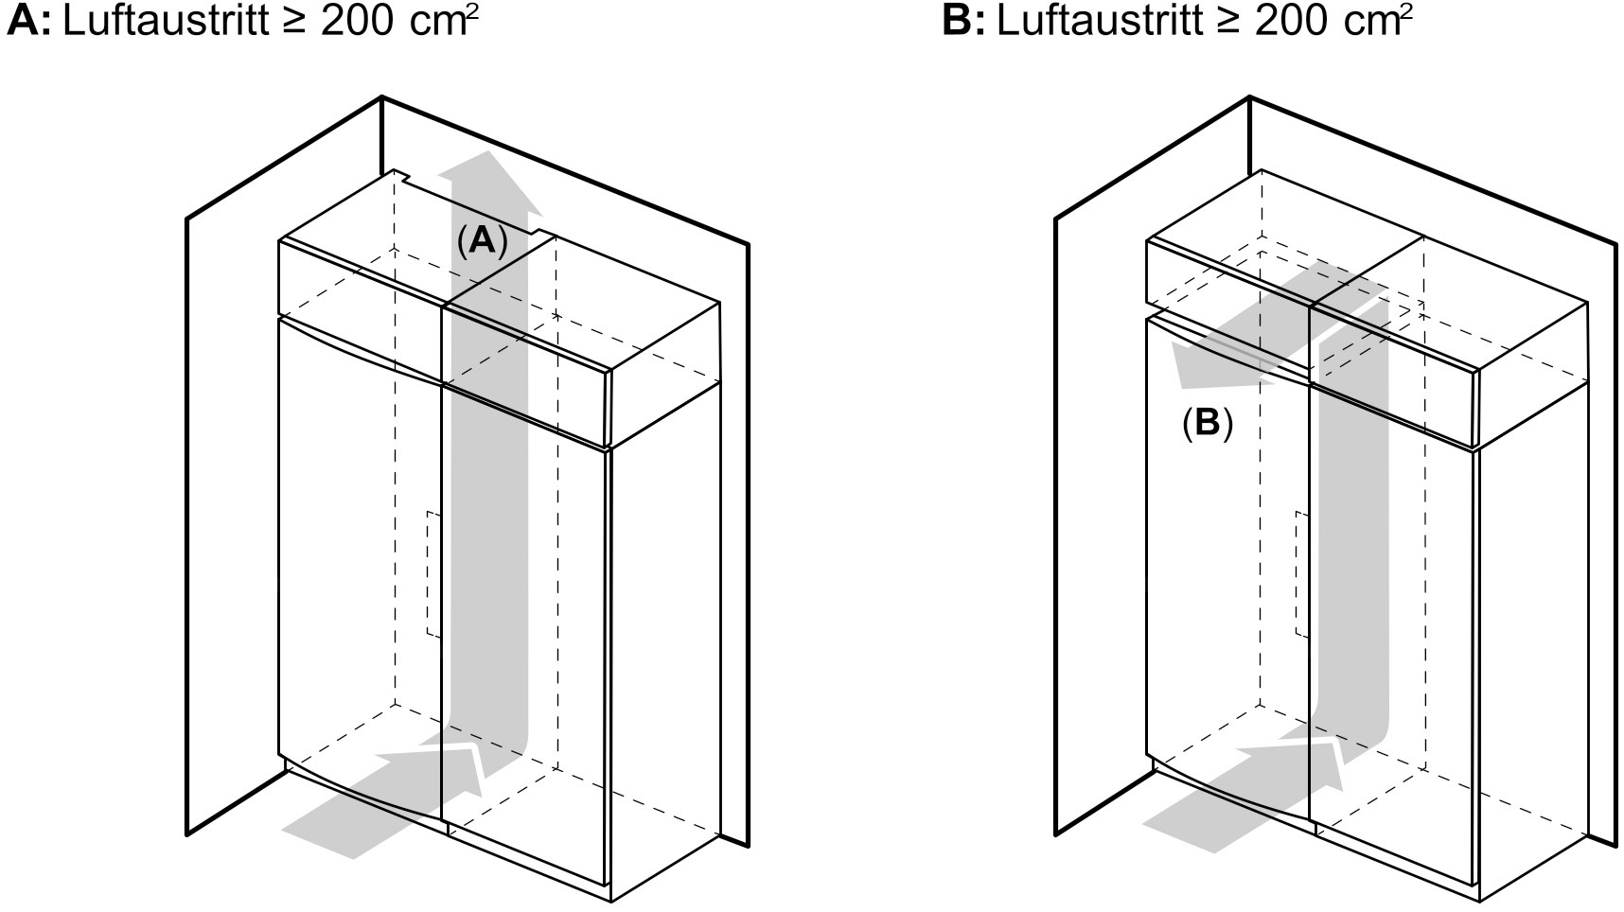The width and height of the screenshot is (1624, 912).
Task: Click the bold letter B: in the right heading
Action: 964,21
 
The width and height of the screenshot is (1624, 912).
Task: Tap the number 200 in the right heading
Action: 1287,21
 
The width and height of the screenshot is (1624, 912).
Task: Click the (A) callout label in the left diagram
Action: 483,242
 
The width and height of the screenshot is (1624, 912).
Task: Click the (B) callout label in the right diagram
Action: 1208,423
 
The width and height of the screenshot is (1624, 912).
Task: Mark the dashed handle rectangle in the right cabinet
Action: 1300,574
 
